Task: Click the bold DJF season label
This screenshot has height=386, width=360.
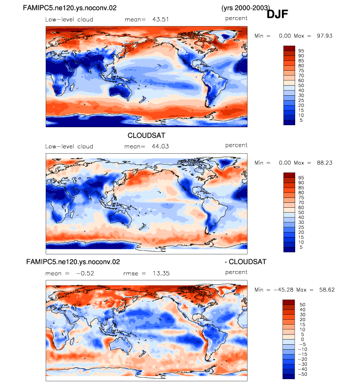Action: point(277,14)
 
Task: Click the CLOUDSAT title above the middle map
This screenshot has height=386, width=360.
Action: point(146,136)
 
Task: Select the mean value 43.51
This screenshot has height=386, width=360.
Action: point(161,20)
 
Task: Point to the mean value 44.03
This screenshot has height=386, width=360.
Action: point(160,146)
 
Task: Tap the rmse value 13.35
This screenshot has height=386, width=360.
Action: point(161,274)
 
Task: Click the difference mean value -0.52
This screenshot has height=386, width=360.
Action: point(85,274)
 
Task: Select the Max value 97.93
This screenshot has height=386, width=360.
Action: point(325,36)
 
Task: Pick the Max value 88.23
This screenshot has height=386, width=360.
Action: point(325,163)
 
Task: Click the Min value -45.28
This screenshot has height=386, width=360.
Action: point(283,290)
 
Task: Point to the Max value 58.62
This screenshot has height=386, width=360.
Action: point(327,290)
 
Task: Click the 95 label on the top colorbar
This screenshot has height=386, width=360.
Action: point(301,51)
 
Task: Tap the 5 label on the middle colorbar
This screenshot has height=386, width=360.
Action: point(301,247)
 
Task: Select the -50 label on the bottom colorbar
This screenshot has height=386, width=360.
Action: point(303,374)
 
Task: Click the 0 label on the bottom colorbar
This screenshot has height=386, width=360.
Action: point(303,339)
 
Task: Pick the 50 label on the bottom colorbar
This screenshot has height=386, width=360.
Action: point(303,305)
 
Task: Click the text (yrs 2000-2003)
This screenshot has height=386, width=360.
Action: point(246,8)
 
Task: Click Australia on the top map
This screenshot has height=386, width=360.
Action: point(120,90)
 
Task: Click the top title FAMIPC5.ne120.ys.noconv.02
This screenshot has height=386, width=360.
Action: point(70,8)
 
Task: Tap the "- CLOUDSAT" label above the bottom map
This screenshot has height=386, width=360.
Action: point(246,262)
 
